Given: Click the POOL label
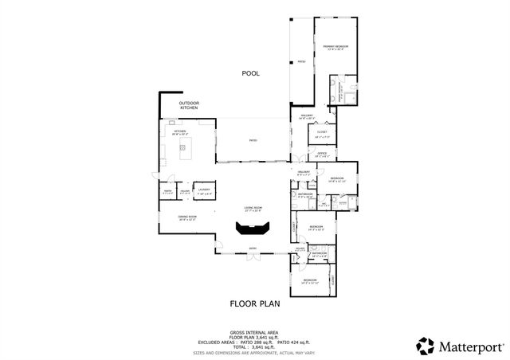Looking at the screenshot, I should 251,73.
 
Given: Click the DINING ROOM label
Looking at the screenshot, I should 187,217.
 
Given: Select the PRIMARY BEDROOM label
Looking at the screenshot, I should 335,47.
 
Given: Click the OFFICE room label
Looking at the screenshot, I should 322,155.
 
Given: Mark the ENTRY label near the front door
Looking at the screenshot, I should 253,248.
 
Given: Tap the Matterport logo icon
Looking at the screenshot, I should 426,345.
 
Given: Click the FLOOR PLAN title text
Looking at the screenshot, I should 254,303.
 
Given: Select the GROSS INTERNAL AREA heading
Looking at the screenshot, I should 254,332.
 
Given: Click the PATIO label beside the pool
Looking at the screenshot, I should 301,61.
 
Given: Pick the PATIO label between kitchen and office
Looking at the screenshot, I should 253,141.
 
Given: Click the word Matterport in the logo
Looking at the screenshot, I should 469,346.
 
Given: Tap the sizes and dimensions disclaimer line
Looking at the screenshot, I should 254,352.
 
